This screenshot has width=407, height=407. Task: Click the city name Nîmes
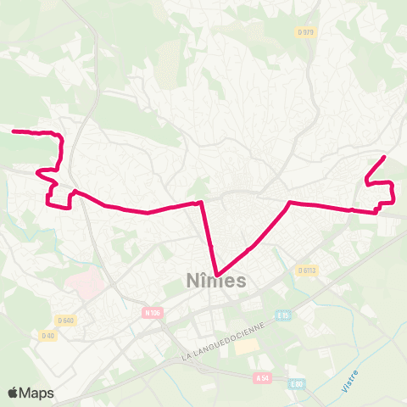pyautogui.click(x=215, y=281)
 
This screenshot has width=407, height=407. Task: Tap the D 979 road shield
pyautogui.click(x=306, y=32)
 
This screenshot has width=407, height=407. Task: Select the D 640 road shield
pyautogui.click(x=66, y=320)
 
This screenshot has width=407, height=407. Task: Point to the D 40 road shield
pyautogui.click(x=48, y=336)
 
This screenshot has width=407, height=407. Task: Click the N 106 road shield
pyautogui.click(x=152, y=313)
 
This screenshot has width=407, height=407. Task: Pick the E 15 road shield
pyautogui.click(x=284, y=316)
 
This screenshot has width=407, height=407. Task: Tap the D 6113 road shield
pyautogui.click(x=307, y=270)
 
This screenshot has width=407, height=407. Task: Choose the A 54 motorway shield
pyautogui.click(x=263, y=378)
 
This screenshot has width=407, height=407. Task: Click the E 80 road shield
pyautogui.click(x=295, y=383)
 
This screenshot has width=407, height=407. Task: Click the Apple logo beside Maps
pyautogui.click(x=14, y=393)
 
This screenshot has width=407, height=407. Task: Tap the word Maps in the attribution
pyautogui.click(x=37, y=393)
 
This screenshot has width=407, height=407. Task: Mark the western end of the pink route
pyautogui.click(x=13, y=131)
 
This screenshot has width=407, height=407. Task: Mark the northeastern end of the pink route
pyautogui.click(x=385, y=157)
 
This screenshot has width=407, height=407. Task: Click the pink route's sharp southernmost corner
pyautogui.click(x=218, y=273)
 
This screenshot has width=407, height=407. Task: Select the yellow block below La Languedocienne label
pyautogui.click(x=246, y=346)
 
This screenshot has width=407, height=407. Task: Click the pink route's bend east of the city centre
pyautogui.click(x=290, y=202)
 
